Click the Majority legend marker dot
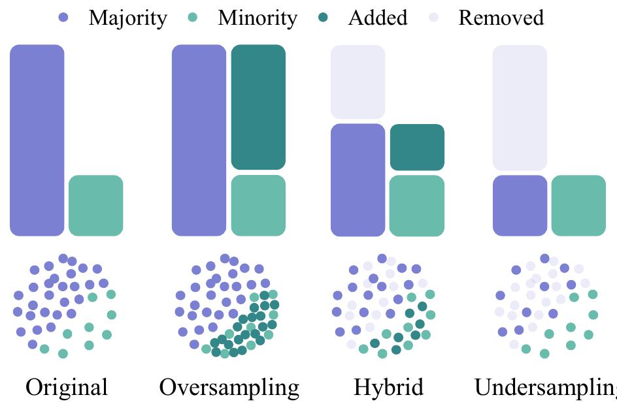[63, 18]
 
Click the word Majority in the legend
[127, 18]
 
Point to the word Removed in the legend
[501, 18]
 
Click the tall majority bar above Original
[37, 140]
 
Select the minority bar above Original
[96, 205]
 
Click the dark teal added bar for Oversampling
[258, 107]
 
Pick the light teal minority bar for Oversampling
[258, 205]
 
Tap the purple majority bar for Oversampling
[199, 140]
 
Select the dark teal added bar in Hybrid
[417, 147]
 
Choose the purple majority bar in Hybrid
[358, 180]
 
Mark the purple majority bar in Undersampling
[520, 205]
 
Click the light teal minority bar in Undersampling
[578, 205]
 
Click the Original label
[67, 387]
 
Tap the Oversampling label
[229, 387]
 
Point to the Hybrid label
[388, 387]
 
